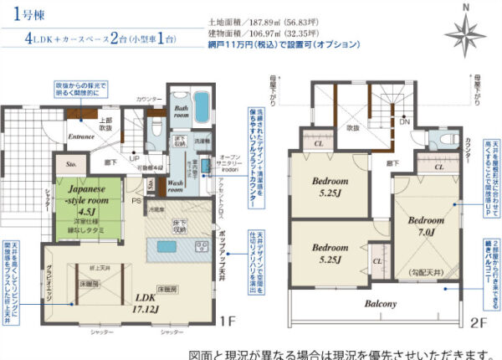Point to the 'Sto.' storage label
71,166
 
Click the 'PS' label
136,201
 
